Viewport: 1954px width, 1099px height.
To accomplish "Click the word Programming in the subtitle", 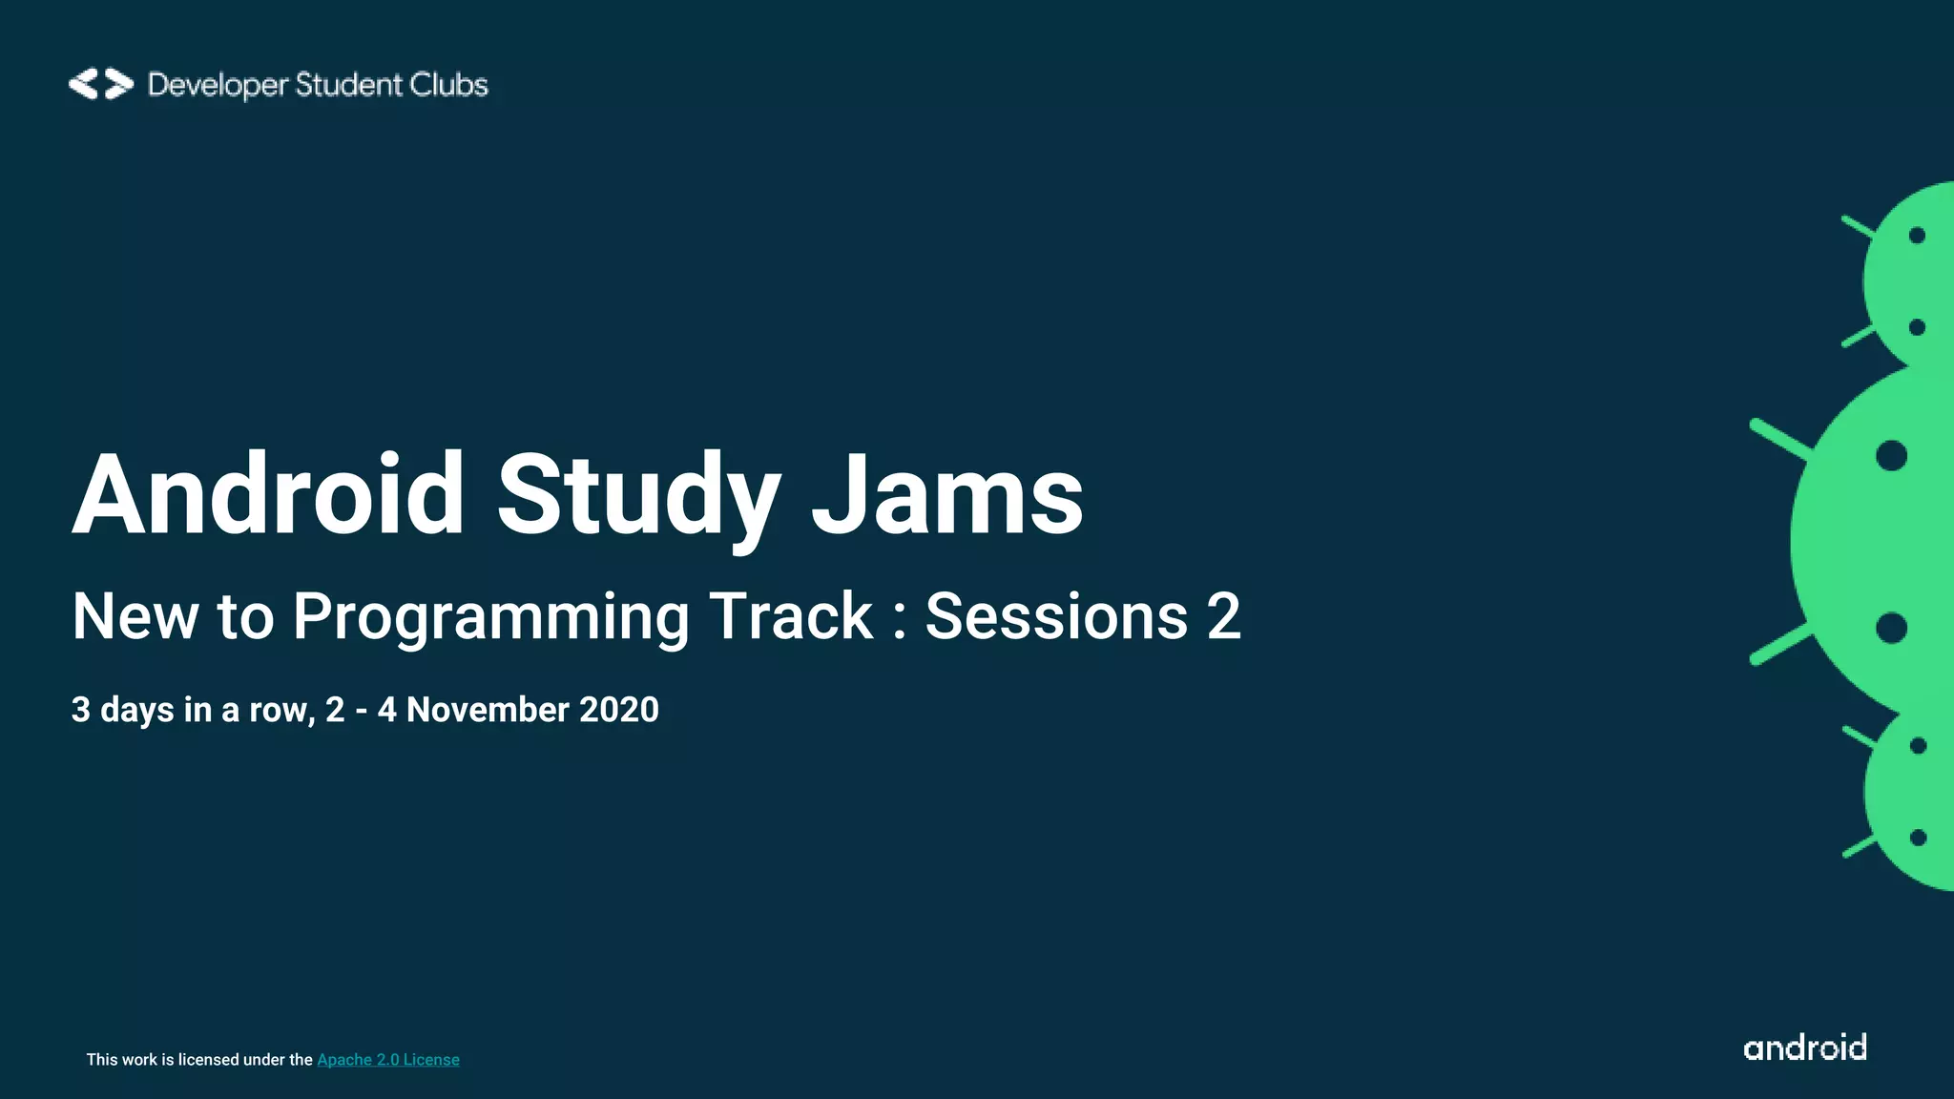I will click(x=490, y=617).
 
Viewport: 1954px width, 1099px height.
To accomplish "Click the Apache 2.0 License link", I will click(x=387, y=1060).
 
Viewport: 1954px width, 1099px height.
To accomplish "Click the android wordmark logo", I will click(x=1804, y=1047).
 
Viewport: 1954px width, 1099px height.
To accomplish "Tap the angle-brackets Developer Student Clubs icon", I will click(x=100, y=84).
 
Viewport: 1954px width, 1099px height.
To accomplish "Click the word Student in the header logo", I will click(x=349, y=85).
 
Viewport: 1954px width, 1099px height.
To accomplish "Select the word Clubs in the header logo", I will click(x=448, y=85).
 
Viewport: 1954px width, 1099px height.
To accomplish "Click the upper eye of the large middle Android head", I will click(x=1891, y=456).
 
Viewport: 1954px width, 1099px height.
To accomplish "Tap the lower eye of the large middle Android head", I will click(x=1891, y=628).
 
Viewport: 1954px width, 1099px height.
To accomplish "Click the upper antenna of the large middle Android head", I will click(x=1778, y=440).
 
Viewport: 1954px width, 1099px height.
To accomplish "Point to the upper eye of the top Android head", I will click(x=1917, y=236).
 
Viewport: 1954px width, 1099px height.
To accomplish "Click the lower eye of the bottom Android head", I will click(x=1918, y=838).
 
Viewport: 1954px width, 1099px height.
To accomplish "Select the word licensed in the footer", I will click(x=208, y=1060).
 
